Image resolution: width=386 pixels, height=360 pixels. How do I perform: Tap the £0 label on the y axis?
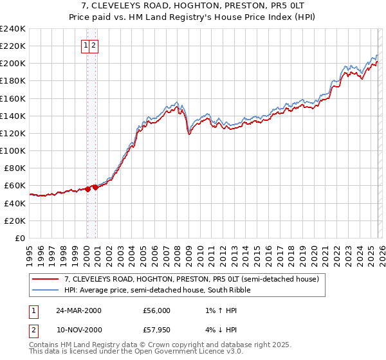pos(20,238)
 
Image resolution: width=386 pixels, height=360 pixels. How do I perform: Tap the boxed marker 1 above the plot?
pos(86,45)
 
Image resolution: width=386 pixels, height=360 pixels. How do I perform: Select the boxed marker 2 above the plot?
pos(94,45)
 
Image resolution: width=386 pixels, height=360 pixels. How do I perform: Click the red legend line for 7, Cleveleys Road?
pos(46,280)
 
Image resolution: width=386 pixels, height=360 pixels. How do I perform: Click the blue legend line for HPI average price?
pos(46,291)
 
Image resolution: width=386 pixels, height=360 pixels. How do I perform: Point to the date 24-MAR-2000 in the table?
pos(78,310)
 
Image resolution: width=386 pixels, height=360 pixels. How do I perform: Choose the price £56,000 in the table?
pos(157,310)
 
